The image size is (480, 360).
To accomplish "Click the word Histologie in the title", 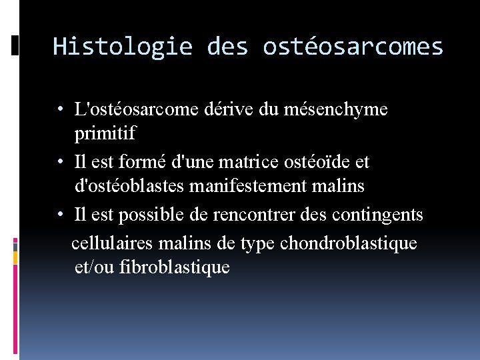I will pos(122,47).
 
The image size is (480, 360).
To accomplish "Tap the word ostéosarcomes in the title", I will pos(353,47).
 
